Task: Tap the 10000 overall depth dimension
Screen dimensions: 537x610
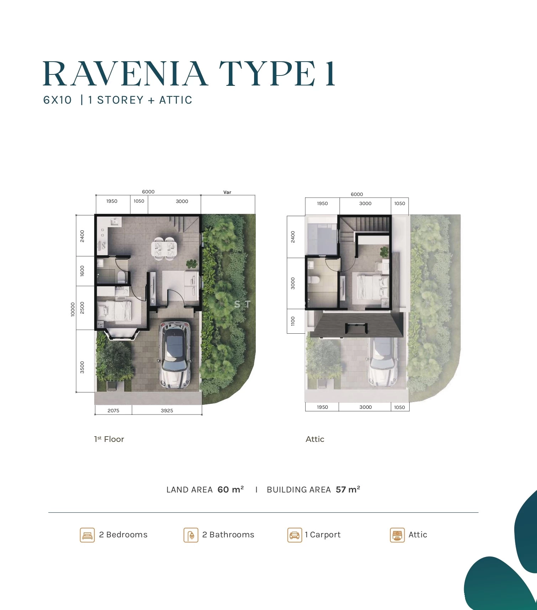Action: pyautogui.click(x=73, y=309)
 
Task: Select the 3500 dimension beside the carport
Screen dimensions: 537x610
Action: pyautogui.click(x=82, y=367)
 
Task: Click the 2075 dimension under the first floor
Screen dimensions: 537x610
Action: pyautogui.click(x=114, y=411)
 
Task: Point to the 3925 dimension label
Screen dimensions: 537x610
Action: pyautogui.click(x=167, y=411)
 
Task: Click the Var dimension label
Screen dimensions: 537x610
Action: pyautogui.click(x=227, y=192)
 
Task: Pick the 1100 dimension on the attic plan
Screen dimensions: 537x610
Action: pyautogui.click(x=293, y=321)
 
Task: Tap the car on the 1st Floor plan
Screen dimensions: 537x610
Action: pyautogui.click(x=175, y=355)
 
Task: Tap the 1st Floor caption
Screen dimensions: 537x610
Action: pyautogui.click(x=109, y=439)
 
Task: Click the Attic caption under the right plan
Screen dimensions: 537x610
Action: pyautogui.click(x=315, y=439)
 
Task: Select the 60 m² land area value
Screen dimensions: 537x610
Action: pyautogui.click(x=231, y=489)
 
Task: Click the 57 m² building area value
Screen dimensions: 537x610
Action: pyautogui.click(x=348, y=489)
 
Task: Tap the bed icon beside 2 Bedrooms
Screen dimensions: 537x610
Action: pyautogui.click(x=87, y=535)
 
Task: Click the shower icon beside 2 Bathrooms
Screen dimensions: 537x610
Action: pyautogui.click(x=191, y=535)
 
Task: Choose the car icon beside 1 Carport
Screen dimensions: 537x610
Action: pyautogui.click(x=295, y=535)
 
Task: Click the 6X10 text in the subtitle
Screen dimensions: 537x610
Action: pyautogui.click(x=57, y=100)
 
